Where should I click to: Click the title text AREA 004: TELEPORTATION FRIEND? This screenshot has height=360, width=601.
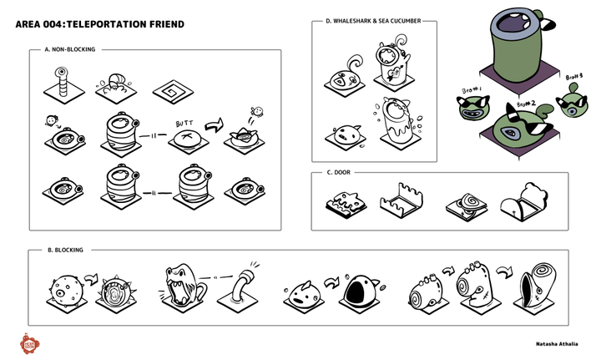(100, 24)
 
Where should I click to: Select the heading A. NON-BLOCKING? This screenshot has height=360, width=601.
(70, 50)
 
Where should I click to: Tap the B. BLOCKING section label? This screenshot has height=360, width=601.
(61, 250)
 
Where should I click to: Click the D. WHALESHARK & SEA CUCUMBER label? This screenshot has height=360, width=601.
(373, 22)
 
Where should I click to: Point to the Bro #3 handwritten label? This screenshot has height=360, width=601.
(573, 78)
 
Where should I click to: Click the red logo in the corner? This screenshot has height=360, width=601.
(33, 342)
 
